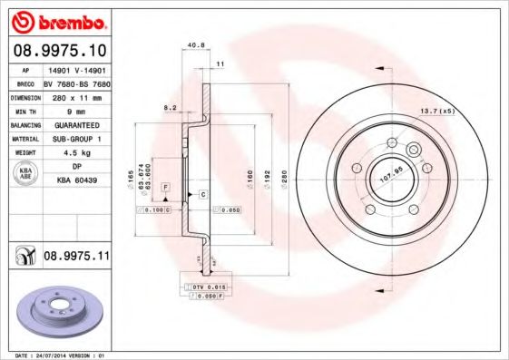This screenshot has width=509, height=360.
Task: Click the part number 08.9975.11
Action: tap(76, 257)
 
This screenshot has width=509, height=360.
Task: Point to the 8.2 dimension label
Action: tap(168, 107)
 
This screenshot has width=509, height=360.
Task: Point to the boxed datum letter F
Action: tap(166, 186)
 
